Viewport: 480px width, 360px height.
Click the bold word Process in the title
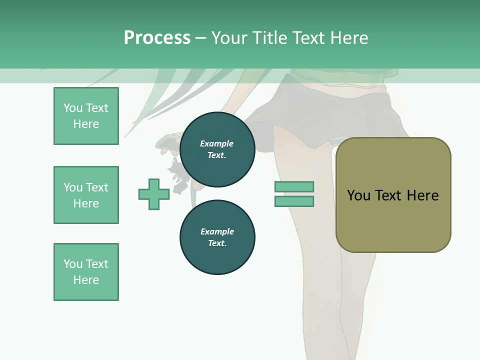point(157,38)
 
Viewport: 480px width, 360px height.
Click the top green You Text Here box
point(86,116)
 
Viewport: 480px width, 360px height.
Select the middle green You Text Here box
point(86,195)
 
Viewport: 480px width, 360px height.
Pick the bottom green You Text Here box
point(86,272)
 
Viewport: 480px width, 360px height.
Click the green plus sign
point(154,194)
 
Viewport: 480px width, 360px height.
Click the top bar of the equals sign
point(294,186)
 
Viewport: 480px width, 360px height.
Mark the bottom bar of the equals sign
point(294,201)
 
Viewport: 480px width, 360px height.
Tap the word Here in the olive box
point(422,195)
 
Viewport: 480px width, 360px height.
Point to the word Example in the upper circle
point(216,143)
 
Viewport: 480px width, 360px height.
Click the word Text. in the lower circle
point(217,243)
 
